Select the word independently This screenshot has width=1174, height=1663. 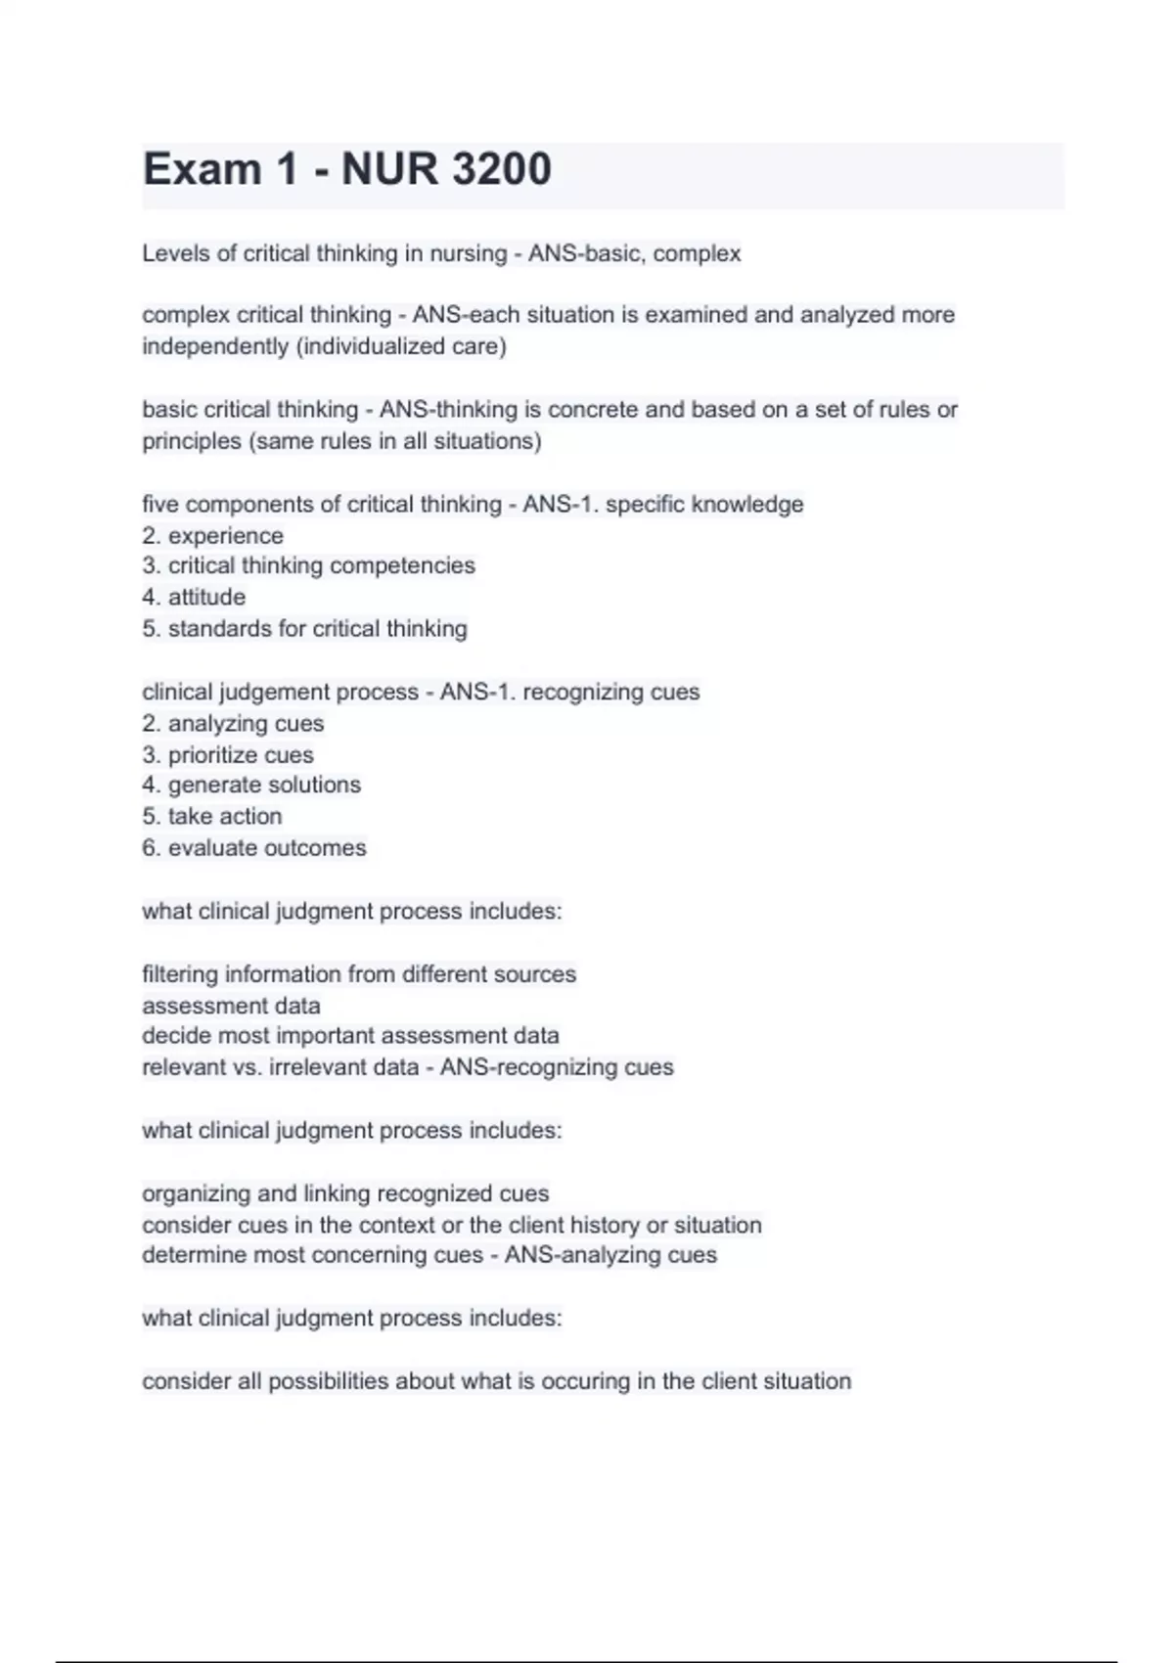tap(216, 346)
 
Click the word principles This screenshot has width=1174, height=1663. tap(192, 441)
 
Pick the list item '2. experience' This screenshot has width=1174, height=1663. tap(212, 536)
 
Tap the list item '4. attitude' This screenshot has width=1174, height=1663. tap(194, 597)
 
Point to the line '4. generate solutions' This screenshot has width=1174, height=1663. tap(251, 785)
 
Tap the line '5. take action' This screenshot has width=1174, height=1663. tap(212, 816)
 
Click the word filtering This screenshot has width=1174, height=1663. tap(179, 974)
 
